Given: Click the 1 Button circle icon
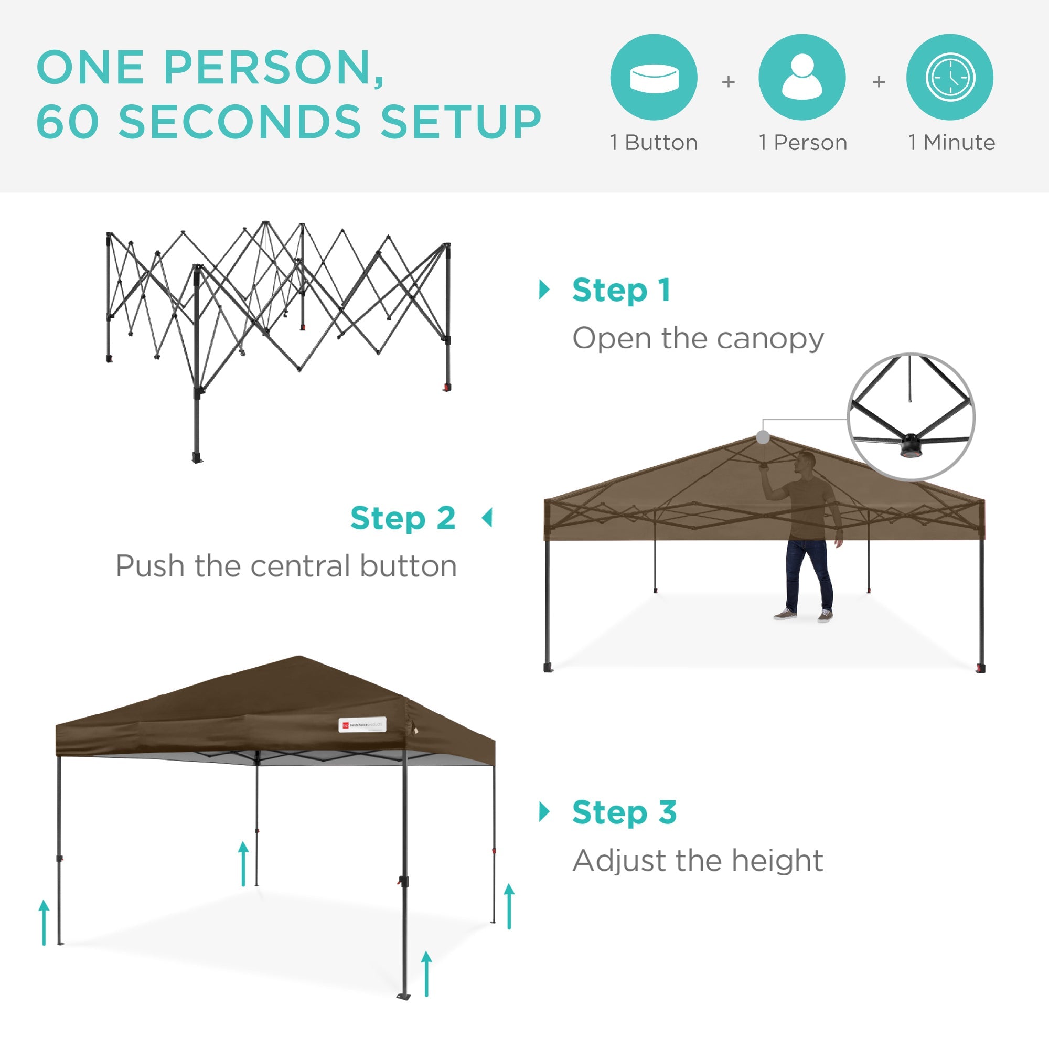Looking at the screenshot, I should [x=654, y=77].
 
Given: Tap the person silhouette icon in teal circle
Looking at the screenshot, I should [x=802, y=77].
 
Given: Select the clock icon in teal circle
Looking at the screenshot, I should [x=950, y=77].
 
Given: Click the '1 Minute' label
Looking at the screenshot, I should [x=952, y=143].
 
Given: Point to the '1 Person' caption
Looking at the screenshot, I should [x=803, y=143].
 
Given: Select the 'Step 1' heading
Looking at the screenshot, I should [x=622, y=291].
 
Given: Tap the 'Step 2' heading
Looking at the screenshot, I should [x=403, y=518].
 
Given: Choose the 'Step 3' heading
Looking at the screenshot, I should [x=624, y=813].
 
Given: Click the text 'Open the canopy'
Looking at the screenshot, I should [x=698, y=339].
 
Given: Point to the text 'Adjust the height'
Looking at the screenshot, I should [x=698, y=861].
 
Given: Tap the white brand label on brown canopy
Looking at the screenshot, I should [x=362, y=725].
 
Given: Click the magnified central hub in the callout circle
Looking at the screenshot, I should [x=910, y=446].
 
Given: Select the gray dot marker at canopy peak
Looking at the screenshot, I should [x=763, y=437].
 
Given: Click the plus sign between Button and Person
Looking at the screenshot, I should [x=728, y=82].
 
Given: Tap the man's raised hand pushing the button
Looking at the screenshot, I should [x=765, y=467].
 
